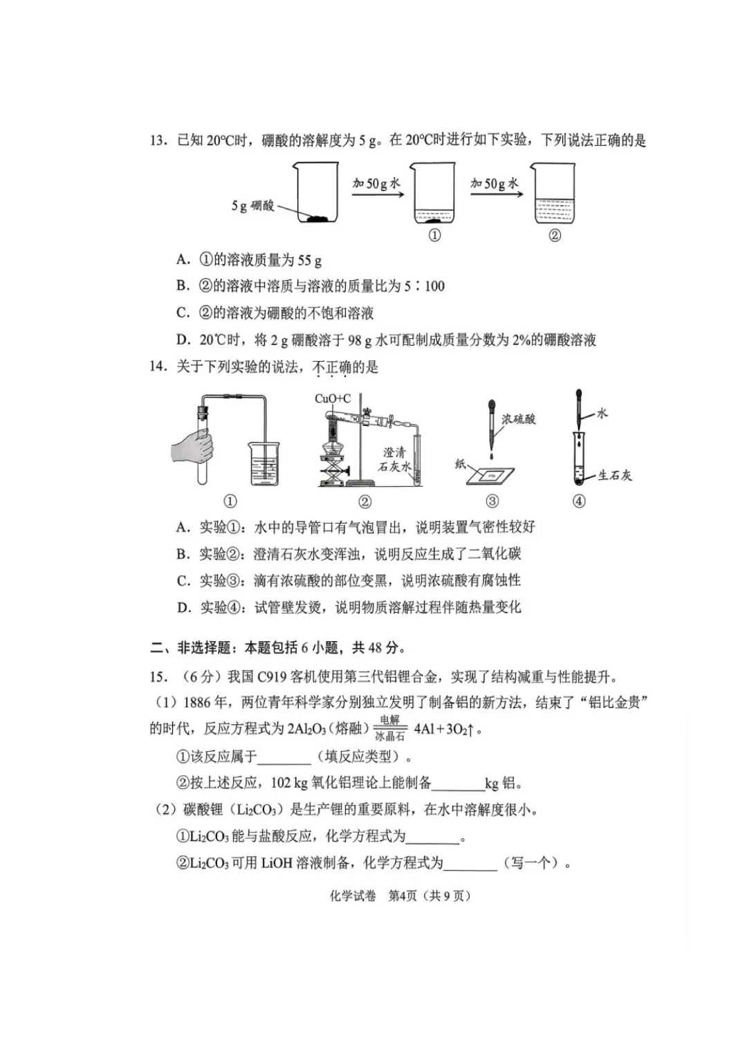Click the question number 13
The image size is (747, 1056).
158,141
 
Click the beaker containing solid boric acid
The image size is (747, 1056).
317,194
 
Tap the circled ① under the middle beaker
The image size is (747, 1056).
434,236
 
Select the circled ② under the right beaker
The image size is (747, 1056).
555,236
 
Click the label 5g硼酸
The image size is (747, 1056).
253,205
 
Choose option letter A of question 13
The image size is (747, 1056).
183,260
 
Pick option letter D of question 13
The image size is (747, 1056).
183,340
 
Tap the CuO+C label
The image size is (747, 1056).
333,399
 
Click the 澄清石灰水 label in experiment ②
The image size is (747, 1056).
394,459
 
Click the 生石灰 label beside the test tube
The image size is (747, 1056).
614,475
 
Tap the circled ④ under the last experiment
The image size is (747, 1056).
579,501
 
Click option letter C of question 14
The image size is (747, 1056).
183,581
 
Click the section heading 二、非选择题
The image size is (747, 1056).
190,648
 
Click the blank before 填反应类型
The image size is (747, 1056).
284,757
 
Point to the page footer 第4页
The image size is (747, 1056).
403,896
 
